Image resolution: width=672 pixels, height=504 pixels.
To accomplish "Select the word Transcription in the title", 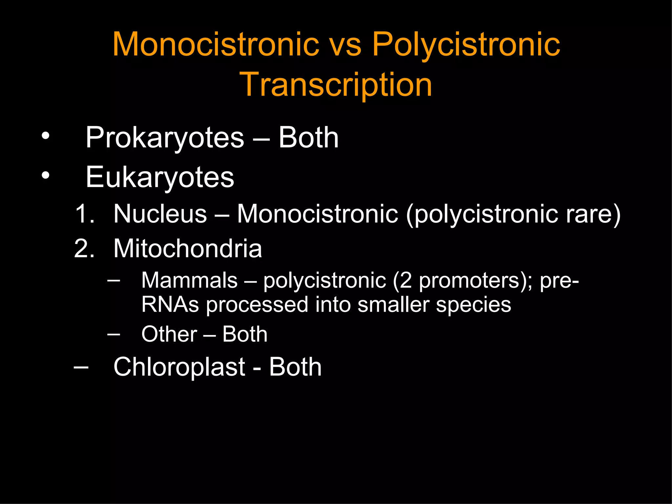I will tap(336, 85).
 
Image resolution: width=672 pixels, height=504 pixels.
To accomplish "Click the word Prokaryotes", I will tap(165, 138).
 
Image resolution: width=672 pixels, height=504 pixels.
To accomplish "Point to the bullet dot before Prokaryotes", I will tap(45, 136).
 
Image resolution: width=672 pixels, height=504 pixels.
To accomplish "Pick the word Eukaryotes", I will tap(160, 178).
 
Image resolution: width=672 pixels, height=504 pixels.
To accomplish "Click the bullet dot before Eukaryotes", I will tap(45, 175).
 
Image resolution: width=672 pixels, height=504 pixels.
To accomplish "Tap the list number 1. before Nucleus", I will tap(85, 214).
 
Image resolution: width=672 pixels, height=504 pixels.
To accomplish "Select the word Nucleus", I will tap(160, 214).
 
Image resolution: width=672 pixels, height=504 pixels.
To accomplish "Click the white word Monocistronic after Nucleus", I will tap(317, 214).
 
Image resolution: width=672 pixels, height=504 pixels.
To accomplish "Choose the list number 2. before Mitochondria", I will tap(84, 248).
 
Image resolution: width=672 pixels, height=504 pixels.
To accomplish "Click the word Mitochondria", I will tap(188, 248).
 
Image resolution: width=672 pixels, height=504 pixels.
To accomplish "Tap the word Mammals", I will tap(189, 281).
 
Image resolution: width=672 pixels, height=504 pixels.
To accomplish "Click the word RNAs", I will tap(170, 304).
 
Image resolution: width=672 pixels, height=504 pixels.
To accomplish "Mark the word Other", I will tap(169, 334).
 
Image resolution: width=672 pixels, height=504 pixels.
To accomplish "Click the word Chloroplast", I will tap(179, 367).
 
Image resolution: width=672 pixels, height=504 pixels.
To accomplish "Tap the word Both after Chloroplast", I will tap(295, 367).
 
